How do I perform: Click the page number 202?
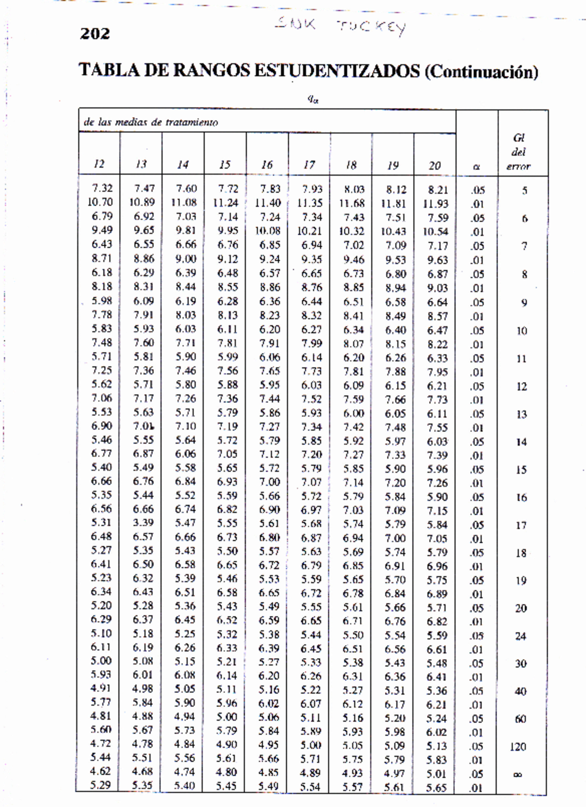(95, 34)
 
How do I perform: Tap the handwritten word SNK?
(295, 23)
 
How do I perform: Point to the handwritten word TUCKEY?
(371, 27)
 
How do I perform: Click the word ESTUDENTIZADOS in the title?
(336, 71)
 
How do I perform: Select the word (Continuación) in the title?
(481, 72)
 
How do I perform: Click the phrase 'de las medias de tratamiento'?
(150, 122)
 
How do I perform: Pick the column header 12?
(99, 164)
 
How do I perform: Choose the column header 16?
(267, 165)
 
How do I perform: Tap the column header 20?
(435, 166)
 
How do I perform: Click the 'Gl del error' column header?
(519, 152)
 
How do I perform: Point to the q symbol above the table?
(313, 99)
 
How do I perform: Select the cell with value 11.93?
(436, 204)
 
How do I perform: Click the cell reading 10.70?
(100, 202)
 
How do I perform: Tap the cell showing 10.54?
(436, 232)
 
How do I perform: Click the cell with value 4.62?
(101, 771)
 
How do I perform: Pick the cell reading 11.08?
(184, 202)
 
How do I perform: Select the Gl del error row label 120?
(518, 747)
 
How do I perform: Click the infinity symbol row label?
(518, 774)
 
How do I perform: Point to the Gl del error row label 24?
(521, 636)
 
